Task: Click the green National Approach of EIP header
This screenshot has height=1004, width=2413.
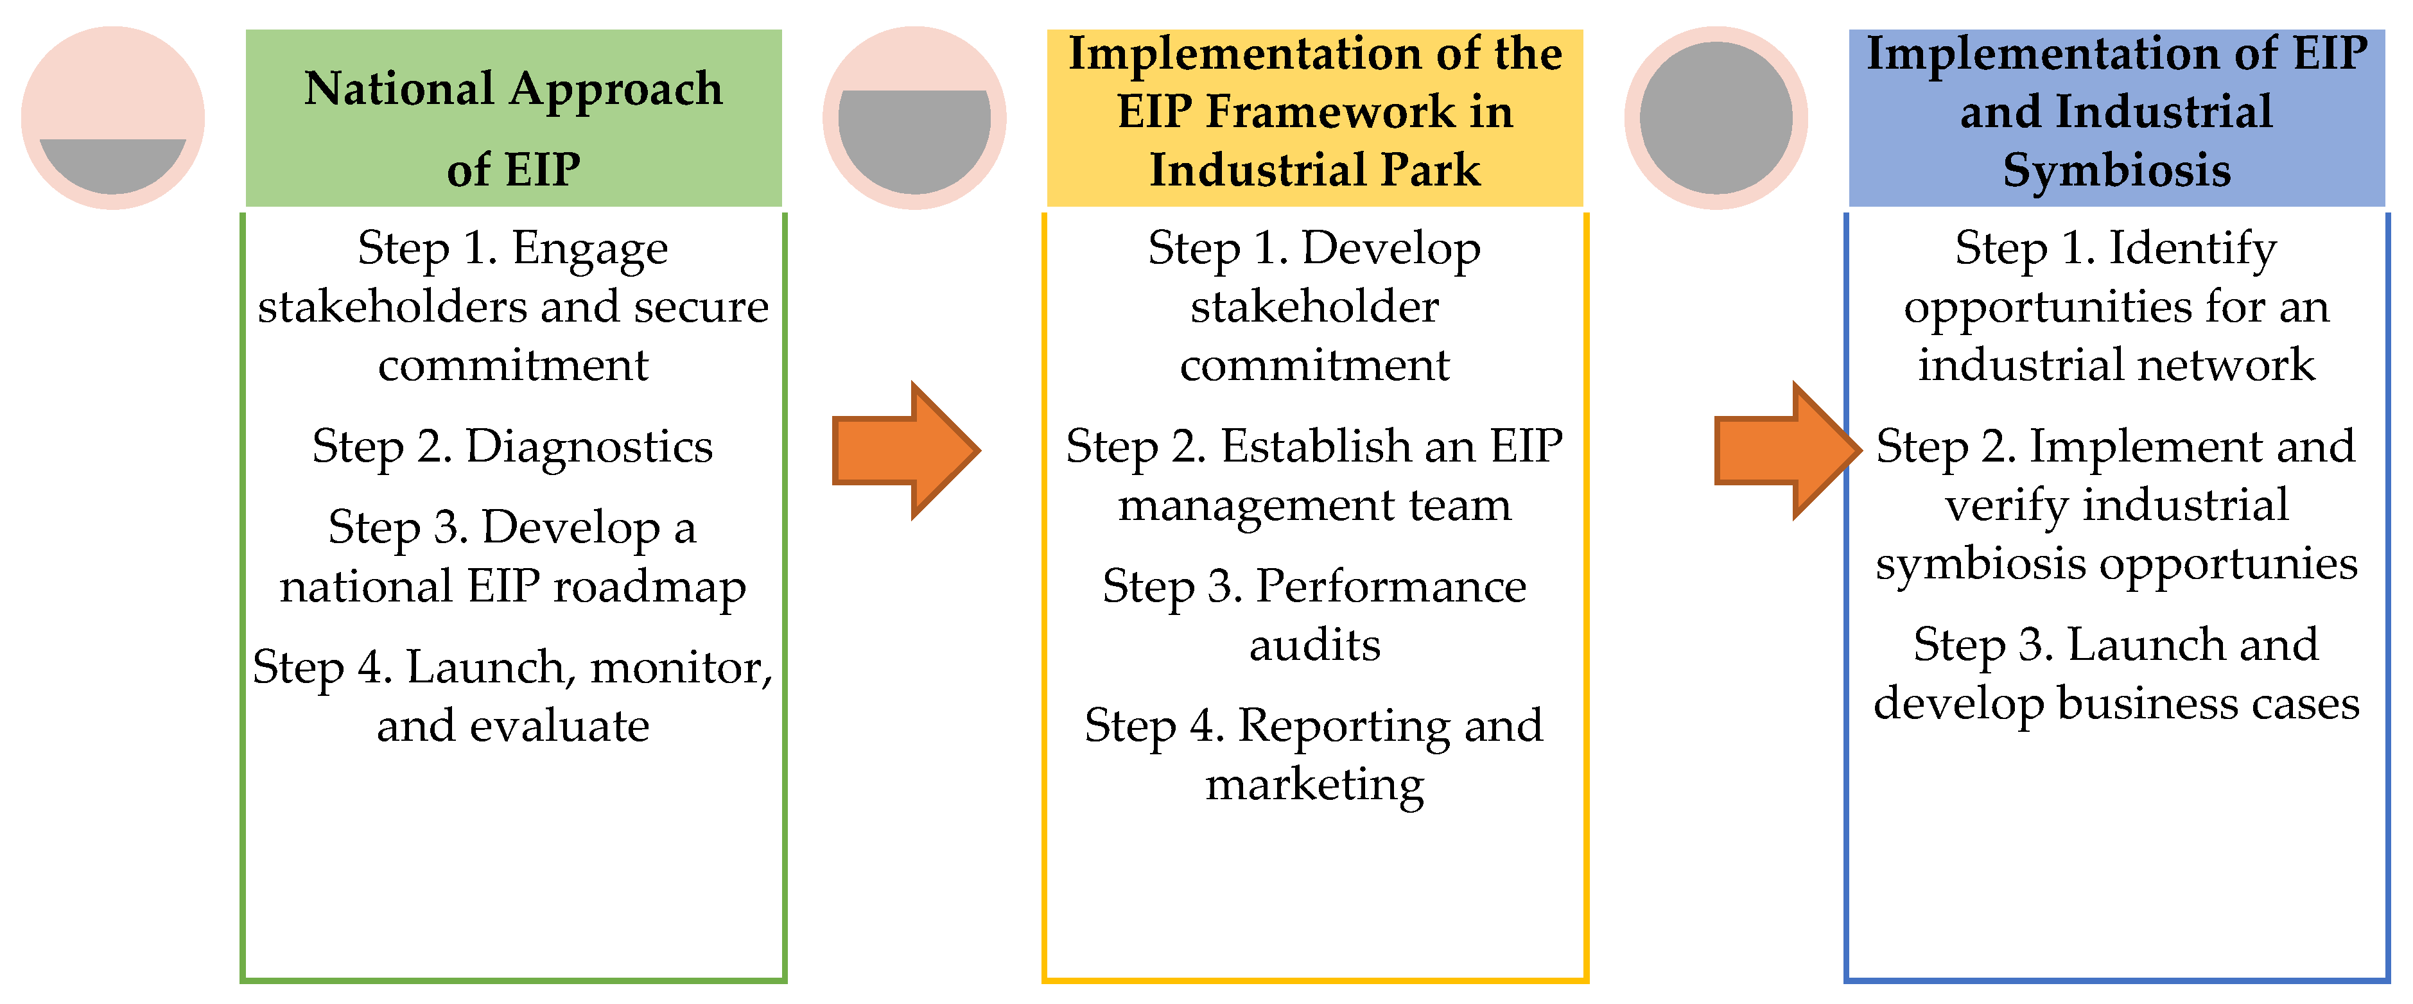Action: [513, 118]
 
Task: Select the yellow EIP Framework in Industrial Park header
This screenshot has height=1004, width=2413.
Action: [1314, 118]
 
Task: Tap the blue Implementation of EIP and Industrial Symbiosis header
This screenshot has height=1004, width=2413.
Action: [2116, 118]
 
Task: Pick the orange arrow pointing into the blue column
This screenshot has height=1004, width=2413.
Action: [1786, 451]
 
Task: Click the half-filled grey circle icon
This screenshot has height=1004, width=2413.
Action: [914, 118]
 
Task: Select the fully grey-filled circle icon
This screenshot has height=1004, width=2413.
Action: [1716, 118]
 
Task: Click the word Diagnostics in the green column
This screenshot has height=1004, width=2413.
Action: [589, 447]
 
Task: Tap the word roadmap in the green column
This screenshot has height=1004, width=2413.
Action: [650, 587]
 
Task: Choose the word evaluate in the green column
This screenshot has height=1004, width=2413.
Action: [559, 726]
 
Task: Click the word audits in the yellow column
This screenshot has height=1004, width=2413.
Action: [1314, 645]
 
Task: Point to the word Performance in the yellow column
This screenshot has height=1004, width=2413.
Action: [1390, 587]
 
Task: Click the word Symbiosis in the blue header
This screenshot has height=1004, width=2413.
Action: [2116, 171]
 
